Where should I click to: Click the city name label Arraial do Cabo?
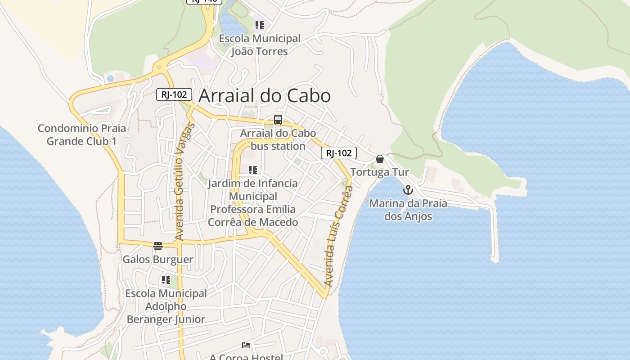(x=264, y=96)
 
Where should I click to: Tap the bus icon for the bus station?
(x=278, y=120)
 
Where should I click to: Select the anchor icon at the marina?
(x=408, y=190)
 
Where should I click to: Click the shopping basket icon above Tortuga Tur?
(x=380, y=159)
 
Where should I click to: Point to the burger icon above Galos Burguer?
(x=157, y=246)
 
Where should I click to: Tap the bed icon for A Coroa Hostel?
(x=246, y=345)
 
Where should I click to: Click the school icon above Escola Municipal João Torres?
(x=259, y=25)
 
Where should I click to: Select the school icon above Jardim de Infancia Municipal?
(x=253, y=170)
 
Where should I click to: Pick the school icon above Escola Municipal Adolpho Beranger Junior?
(x=166, y=280)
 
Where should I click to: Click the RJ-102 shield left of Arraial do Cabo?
(x=174, y=95)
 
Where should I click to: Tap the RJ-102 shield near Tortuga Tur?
(x=339, y=153)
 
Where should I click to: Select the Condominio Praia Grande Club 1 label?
(x=81, y=135)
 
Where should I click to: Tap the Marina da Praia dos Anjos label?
(x=408, y=210)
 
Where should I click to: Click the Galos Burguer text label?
(x=158, y=260)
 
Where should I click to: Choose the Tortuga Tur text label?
(x=379, y=172)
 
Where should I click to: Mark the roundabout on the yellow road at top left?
(x=158, y=68)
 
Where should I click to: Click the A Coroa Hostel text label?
(x=246, y=356)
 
